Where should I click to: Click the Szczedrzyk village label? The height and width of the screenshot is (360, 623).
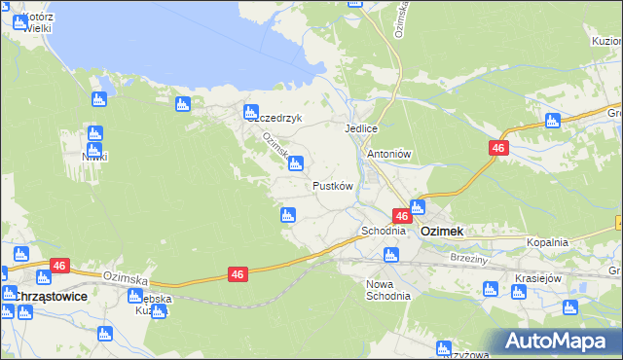275,119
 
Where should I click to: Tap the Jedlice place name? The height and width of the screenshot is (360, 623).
360,128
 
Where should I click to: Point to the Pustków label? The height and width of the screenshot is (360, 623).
332,185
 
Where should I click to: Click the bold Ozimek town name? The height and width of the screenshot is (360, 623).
441,232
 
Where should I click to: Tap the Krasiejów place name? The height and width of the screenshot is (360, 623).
541,278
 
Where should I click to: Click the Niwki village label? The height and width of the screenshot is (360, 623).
94,156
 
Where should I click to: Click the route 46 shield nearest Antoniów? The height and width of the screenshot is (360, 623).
497,147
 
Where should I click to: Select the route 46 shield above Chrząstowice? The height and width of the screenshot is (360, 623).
59,265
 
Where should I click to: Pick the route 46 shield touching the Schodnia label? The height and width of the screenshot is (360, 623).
401,216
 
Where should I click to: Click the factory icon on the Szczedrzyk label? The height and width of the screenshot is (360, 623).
251,112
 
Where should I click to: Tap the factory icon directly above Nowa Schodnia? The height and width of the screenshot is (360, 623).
390,256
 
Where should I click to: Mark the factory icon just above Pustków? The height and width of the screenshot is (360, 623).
296,163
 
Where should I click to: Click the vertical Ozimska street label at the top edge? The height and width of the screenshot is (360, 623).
399,19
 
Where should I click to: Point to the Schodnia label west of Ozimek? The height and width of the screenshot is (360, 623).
383,232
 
